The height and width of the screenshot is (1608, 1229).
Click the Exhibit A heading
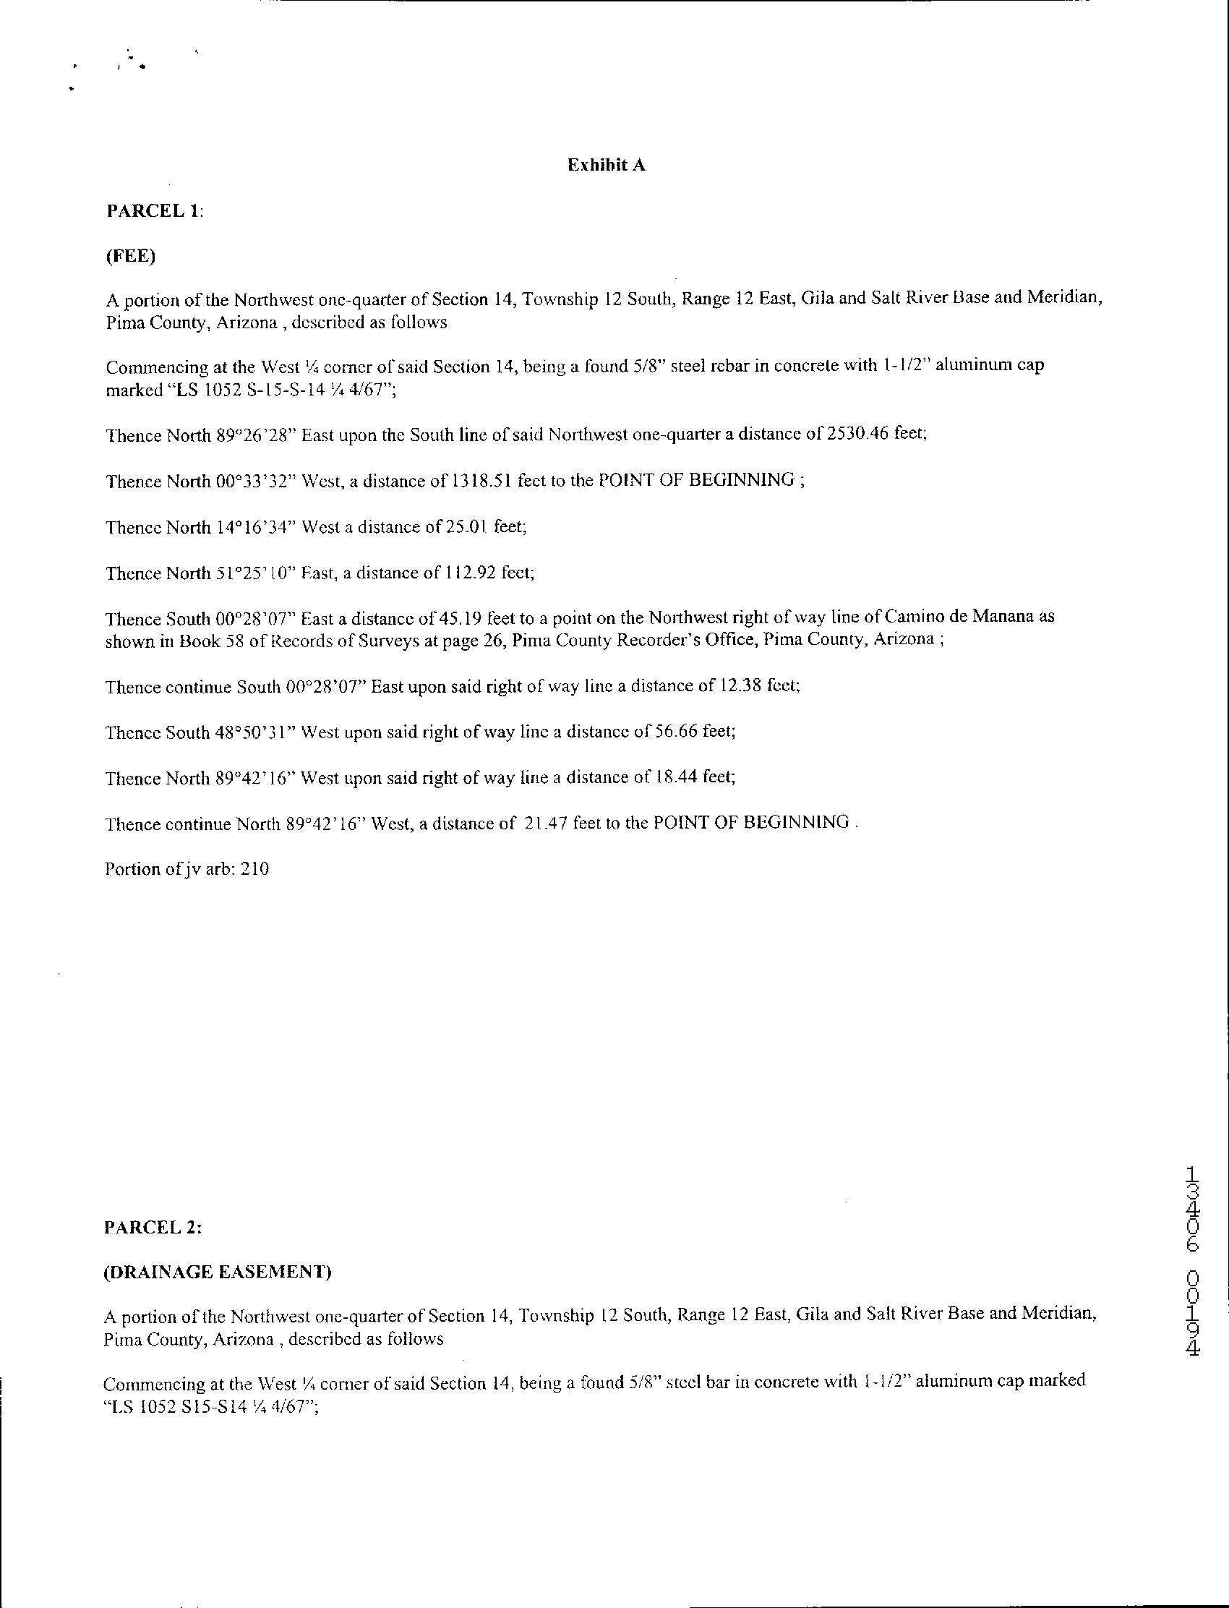(x=607, y=166)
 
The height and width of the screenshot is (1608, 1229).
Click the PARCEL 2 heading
(x=153, y=1228)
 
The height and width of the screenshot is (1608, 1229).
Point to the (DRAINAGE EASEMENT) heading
(x=218, y=1273)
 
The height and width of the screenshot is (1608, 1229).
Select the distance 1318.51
(x=481, y=481)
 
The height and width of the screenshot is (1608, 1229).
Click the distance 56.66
(x=676, y=732)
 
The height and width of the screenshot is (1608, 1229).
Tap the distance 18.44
(x=676, y=778)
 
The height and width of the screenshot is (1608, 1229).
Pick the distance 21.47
(x=547, y=824)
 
